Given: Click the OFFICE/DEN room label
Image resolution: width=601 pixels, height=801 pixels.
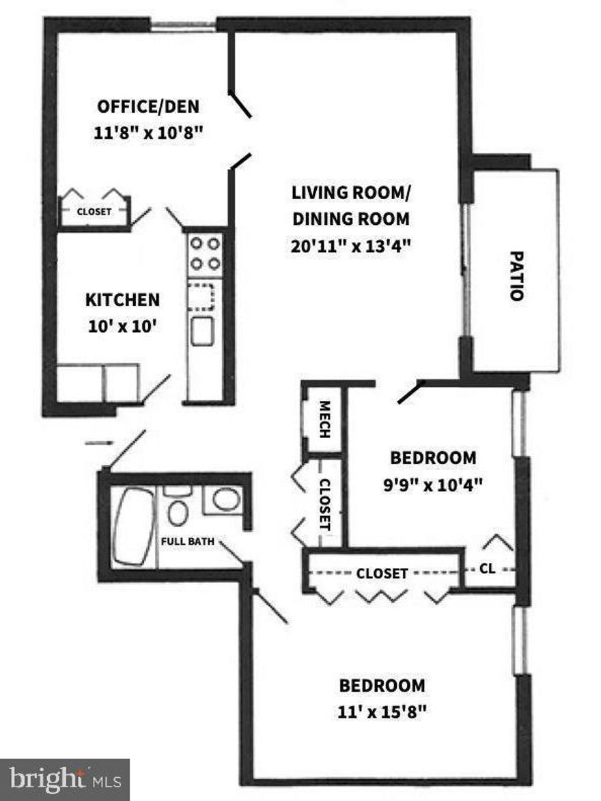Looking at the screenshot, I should [148, 107].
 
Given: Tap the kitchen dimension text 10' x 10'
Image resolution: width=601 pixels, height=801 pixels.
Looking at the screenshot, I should [123, 326].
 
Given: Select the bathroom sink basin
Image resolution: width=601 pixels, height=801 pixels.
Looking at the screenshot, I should [225, 499].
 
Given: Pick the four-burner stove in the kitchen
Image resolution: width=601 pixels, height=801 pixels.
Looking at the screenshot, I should [204, 253].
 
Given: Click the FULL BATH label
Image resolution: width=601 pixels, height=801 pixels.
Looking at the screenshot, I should [187, 542].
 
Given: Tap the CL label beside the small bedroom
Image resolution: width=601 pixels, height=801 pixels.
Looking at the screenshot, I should [488, 568].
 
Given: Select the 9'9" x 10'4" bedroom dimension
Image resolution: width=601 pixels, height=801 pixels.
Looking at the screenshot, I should [432, 485].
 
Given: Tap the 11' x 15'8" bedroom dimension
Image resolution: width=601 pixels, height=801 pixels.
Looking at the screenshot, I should [382, 711].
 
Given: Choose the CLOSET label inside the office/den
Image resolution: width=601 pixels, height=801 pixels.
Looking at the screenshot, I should [94, 212].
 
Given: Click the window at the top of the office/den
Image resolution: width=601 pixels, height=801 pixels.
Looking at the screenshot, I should [183, 27].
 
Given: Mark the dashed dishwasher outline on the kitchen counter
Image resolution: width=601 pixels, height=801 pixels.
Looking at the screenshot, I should [202, 295].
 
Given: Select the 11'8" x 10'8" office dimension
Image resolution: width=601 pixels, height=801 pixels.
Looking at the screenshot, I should [148, 133].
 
